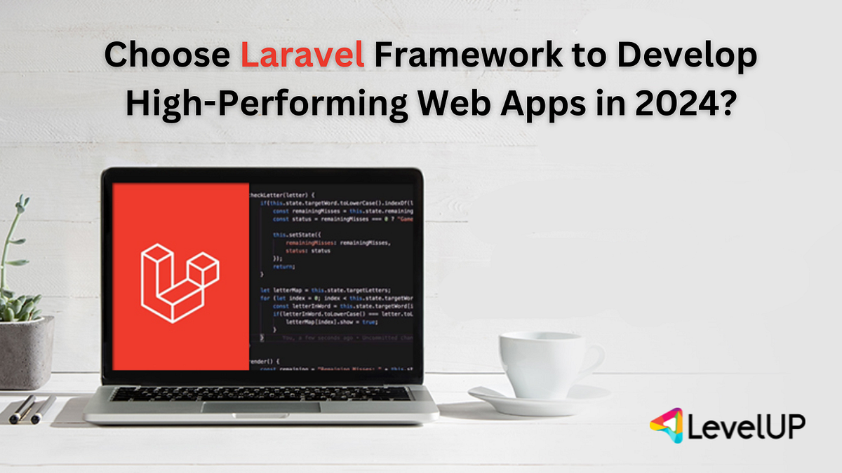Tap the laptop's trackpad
261,406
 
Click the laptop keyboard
261,393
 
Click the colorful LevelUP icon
667,426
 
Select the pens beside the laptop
32,408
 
